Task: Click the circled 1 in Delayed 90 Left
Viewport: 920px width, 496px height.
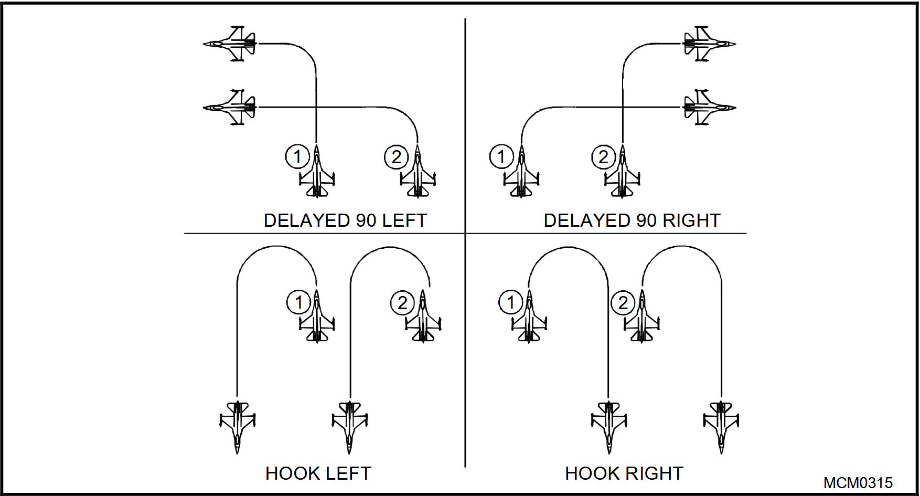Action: [297, 156]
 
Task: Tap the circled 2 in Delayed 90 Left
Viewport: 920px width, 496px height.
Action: [397, 157]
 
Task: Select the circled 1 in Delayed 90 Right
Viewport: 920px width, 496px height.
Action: [501, 156]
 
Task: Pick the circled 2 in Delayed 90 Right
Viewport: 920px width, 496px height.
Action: [604, 157]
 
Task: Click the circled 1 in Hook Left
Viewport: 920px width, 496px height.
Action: [299, 302]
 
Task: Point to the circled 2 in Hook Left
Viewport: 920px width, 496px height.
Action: [403, 303]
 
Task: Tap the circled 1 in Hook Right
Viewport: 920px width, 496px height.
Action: [510, 302]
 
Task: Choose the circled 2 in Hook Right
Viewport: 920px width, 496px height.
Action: [623, 303]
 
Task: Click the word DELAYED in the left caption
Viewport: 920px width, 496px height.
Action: [307, 220]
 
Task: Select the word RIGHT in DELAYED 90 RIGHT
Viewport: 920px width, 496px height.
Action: [691, 220]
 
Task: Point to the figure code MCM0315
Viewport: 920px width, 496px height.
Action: [858, 483]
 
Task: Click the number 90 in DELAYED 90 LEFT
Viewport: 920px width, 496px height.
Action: [366, 220]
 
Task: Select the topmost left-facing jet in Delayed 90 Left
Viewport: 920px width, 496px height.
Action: [230, 44]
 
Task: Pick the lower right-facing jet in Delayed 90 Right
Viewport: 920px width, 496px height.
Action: [709, 108]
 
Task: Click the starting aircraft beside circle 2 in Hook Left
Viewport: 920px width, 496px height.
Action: [423, 316]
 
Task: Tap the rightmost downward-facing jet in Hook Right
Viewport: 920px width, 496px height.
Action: [721, 427]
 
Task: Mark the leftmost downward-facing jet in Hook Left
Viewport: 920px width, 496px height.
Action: [237, 427]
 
